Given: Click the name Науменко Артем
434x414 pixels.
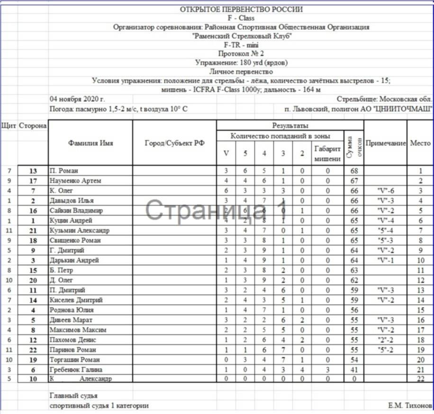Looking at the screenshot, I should pyautogui.click(x=75, y=180).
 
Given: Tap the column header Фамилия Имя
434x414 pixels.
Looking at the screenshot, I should pyautogui.click(x=90, y=143).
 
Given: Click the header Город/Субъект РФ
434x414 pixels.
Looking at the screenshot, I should pyautogui.click(x=174, y=143).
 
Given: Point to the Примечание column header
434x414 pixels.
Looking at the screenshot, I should pyautogui.click(x=386, y=143).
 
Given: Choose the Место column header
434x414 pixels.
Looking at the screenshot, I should pyautogui.click(x=420, y=143).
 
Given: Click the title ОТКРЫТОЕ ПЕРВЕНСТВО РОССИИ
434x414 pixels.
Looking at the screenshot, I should pyautogui.click(x=242, y=9).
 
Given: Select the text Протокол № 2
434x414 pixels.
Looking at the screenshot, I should pyautogui.click(x=241, y=54).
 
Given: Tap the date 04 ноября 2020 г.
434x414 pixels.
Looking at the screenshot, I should pyautogui.click(x=77, y=99).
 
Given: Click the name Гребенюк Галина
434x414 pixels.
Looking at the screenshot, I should pyautogui.click(x=76, y=369).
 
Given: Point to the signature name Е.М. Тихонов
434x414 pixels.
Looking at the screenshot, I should pyautogui.click(x=410, y=406).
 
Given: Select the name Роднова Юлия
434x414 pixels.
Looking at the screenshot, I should pyautogui.click(x=72, y=310).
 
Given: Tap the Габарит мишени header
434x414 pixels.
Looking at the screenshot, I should pyautogui.click(x=327, y=153).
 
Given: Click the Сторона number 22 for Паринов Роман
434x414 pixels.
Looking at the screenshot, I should pyautogui.click(x=33, y=350).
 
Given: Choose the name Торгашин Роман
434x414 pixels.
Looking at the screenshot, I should pyautogui.click(x=75, y=360).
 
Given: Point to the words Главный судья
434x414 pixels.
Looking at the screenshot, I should pyautogui.click(x=73, y=395).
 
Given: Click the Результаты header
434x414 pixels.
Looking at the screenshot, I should pyautogui.click(x=290, y=126).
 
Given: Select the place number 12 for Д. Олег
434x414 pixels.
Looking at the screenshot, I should pyautogui.click(x=420, y=280).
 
